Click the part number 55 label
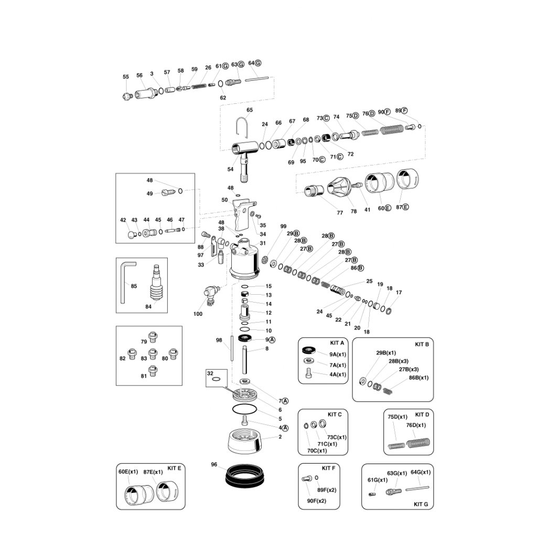point(126,77)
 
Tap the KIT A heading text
point(337,342)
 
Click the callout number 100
point(198,314)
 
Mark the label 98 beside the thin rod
point(219,340)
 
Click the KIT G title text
point(421,504)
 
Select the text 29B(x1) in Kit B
point(386,353)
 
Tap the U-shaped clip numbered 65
point(243,126)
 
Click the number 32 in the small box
point(210,373)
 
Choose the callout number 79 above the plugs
point(144,342)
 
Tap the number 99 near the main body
point(283,227)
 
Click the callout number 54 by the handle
point(230,169)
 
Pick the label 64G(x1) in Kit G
point(421,472)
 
